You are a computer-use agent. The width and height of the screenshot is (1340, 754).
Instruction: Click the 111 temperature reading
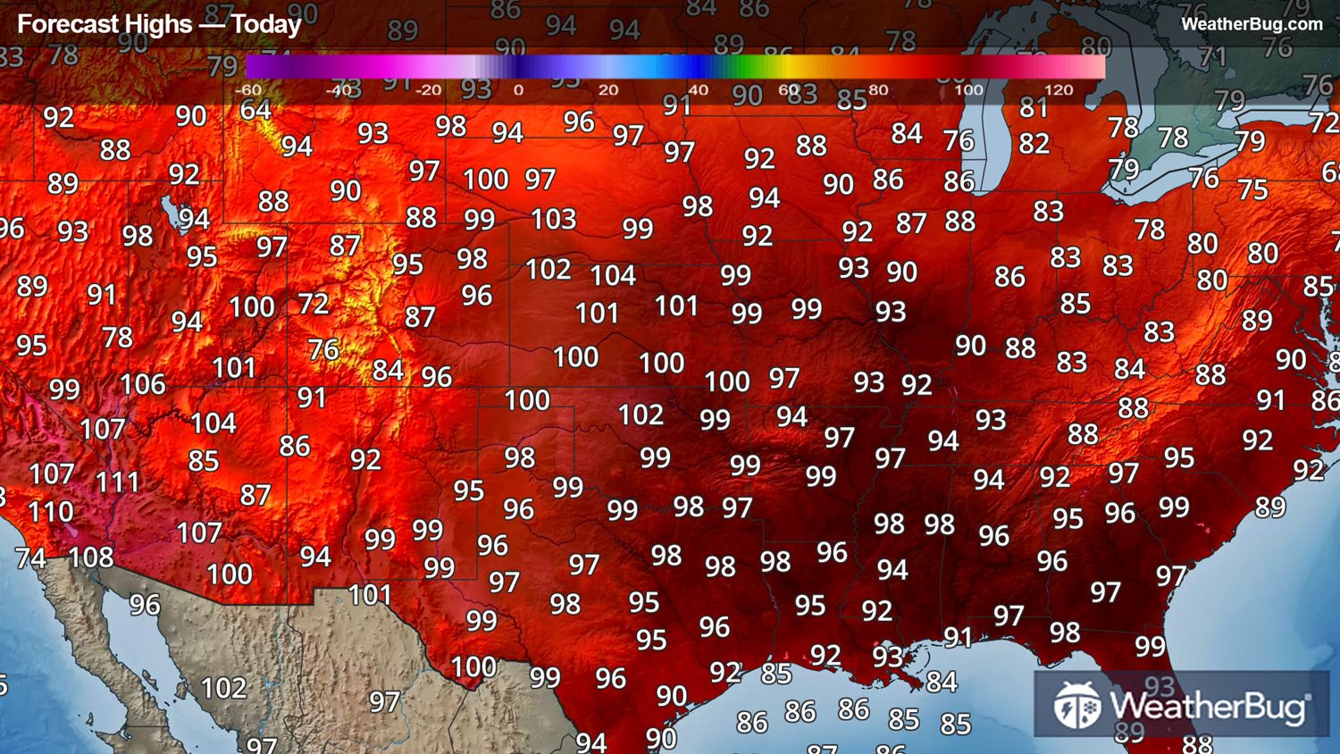[117, 482]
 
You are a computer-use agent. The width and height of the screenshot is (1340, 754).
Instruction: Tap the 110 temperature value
[50, 512]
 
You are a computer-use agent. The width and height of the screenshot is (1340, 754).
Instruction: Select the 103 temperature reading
[553, 219]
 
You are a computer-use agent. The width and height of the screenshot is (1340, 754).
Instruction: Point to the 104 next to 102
[613, 275]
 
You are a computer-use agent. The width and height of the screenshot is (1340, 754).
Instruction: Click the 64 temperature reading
[255, 111]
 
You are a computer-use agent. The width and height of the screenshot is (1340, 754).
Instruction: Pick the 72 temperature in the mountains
[314, 304]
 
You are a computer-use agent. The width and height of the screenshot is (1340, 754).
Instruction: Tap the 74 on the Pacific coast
[30, 558]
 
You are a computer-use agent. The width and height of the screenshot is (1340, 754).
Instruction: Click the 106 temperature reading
[143, 384]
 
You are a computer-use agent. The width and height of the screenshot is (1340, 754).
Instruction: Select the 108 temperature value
[90, 557]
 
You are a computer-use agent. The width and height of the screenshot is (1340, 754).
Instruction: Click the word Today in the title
[266, 24]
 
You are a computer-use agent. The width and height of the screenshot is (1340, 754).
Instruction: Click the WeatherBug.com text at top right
[1252, 24]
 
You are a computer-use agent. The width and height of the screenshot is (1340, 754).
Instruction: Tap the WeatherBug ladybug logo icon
[1076, 705]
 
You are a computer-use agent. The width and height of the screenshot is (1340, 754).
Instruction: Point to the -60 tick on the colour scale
[247, 90]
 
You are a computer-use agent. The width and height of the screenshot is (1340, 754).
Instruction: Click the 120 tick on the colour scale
[1058, 90]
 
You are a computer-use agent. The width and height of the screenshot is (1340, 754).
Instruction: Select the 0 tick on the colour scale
[518, 90]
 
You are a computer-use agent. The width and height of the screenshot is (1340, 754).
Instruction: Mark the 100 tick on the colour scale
[968, 90]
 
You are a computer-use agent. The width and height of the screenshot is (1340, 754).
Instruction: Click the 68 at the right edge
[1331, 172]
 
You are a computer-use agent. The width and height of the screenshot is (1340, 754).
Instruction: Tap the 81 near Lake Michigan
[1034, 108]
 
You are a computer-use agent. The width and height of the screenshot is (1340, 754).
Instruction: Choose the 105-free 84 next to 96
[388, 370]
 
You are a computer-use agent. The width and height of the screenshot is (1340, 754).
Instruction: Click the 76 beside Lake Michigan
[958, 140]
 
